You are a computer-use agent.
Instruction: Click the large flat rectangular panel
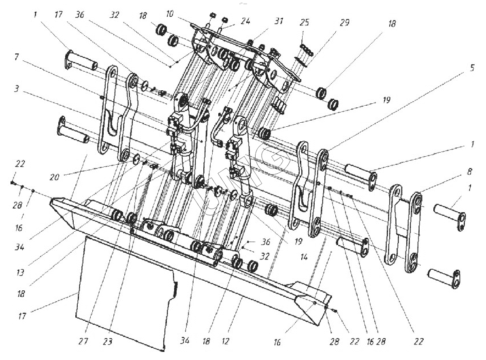[126, 292]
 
